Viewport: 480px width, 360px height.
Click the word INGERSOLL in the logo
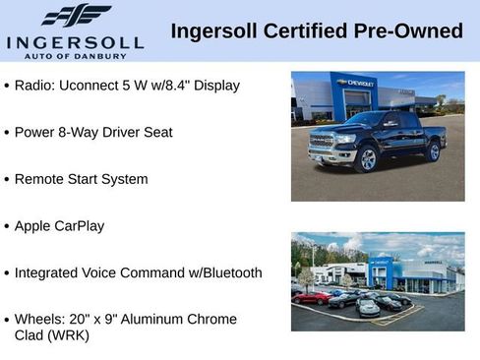[75, 41]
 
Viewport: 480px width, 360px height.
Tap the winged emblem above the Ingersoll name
[76, 15]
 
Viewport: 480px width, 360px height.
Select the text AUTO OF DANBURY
[75, 57]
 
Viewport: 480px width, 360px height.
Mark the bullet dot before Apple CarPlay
[7, 226]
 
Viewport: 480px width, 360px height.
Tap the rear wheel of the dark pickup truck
[434, 150]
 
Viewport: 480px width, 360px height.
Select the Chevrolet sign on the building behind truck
[355, 84]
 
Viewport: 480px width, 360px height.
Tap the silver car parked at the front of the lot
[368, 308]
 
